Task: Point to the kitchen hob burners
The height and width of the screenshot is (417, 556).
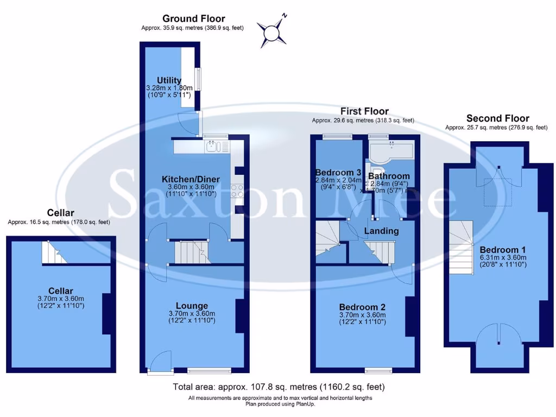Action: tap(237, 191)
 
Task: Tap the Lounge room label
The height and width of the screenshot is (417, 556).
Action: tap(192, 306)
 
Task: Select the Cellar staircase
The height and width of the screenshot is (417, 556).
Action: tap(55, 252)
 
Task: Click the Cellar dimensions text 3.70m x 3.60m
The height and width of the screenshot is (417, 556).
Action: tap(60, 299)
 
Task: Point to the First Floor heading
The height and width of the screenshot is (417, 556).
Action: tap(364, 111)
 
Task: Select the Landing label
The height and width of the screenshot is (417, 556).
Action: tap(381, 231)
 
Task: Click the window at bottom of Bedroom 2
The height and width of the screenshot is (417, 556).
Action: tap(379, 371)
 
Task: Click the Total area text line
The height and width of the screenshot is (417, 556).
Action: tap(279, 387)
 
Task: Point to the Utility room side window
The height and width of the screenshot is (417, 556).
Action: tap(198, 79)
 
